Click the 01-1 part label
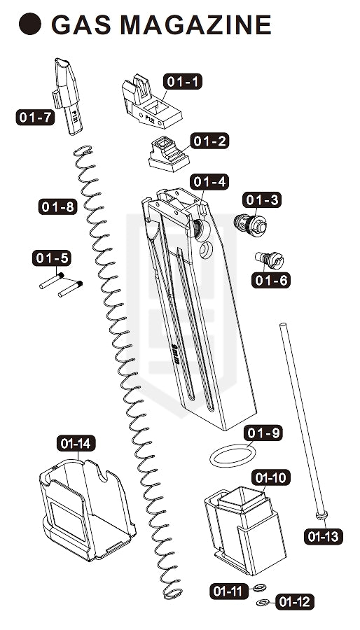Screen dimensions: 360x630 (182, 82)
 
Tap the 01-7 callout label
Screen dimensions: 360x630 (35, 118)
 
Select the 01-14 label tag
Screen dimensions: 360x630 (76, 444)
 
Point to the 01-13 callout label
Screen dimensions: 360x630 (324, 536)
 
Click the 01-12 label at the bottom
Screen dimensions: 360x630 (295, 602)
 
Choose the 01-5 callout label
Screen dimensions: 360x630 (52, 258)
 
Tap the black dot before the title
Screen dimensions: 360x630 (30, 24)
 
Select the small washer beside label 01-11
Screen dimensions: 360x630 (260, 588)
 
